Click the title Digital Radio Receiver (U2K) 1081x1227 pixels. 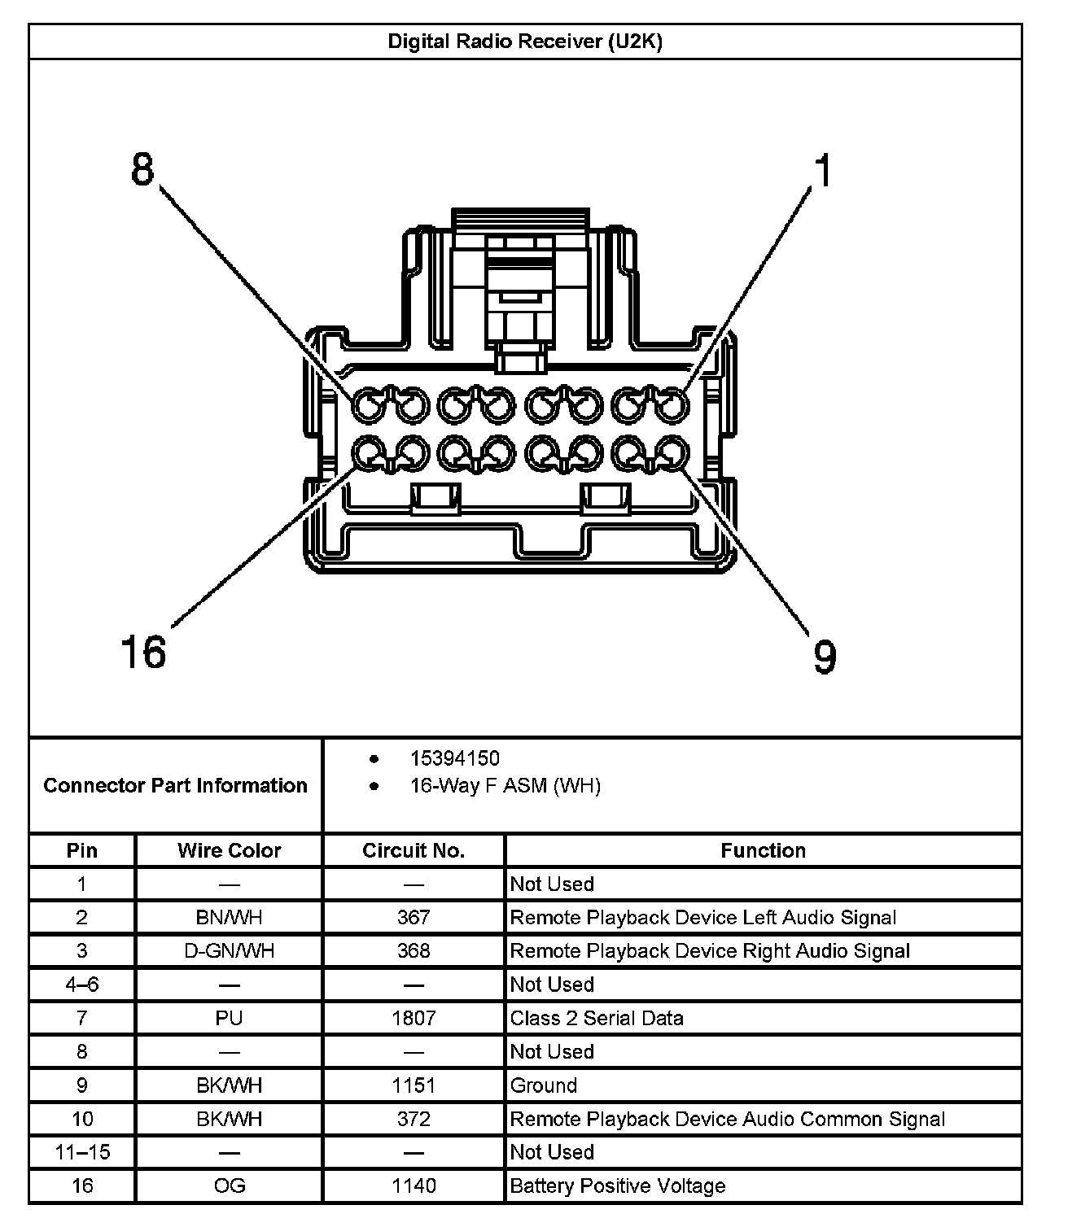coord(525,41)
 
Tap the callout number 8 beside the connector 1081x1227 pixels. coord(142,171)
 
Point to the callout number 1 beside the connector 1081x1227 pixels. coord(824,172)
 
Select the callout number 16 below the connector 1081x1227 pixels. coord(143,652)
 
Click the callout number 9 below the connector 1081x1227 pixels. coord(824,656)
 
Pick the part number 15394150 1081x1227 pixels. coord(454,758)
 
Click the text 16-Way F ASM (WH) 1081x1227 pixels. coord(505,786)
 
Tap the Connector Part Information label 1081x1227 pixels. coord(176,785)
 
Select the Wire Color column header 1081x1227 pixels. coord(229,850)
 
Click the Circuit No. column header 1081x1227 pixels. coord(414,850)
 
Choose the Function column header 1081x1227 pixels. coord(763,850)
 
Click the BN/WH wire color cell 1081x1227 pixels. coord(229,918)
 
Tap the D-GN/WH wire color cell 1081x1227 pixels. coord(229,951)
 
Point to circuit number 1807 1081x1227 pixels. coord(414,1018)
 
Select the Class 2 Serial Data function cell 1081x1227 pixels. coord(597,1018)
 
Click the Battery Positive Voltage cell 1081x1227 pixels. coord(617,1186)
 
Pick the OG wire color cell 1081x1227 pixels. coord(229,1186)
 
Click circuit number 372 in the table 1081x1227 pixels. coord(414,1119)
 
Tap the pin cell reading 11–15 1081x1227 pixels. coord(82,1152)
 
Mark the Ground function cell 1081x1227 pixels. coord(543,1085)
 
